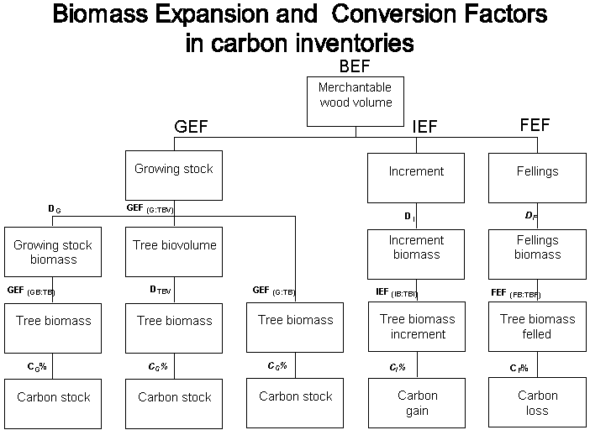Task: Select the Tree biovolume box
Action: (174, 252)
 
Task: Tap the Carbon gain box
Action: (417, 403)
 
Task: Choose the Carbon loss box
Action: (537, 403)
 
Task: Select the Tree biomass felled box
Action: (537, 327)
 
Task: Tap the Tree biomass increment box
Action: (417, 327)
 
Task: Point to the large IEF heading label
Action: (425, 128)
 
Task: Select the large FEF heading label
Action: (535, 125)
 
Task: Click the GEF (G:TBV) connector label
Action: (150, 208)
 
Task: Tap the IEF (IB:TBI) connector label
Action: (396, 292)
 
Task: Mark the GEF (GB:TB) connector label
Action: (30, 291)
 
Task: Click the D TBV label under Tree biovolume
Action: (161, 290)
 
